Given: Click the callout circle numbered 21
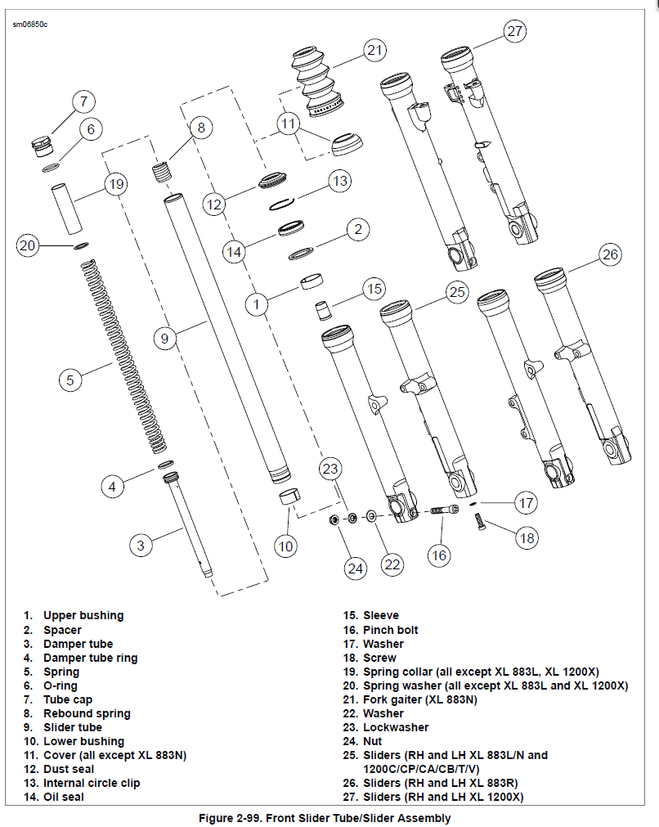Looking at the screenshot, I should coord(374,51).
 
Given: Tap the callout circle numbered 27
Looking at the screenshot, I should coord(513,31).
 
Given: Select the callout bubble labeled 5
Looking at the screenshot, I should coord(70,380).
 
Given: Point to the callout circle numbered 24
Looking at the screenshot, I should coord(354,568).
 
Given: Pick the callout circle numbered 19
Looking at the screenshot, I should coord(116,183).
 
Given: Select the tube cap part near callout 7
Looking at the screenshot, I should coord(41,146).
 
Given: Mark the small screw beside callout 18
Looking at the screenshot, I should coord(479,521).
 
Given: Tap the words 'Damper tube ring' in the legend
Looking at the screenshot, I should coord(90,658).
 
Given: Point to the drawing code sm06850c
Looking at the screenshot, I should coord(30,25).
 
